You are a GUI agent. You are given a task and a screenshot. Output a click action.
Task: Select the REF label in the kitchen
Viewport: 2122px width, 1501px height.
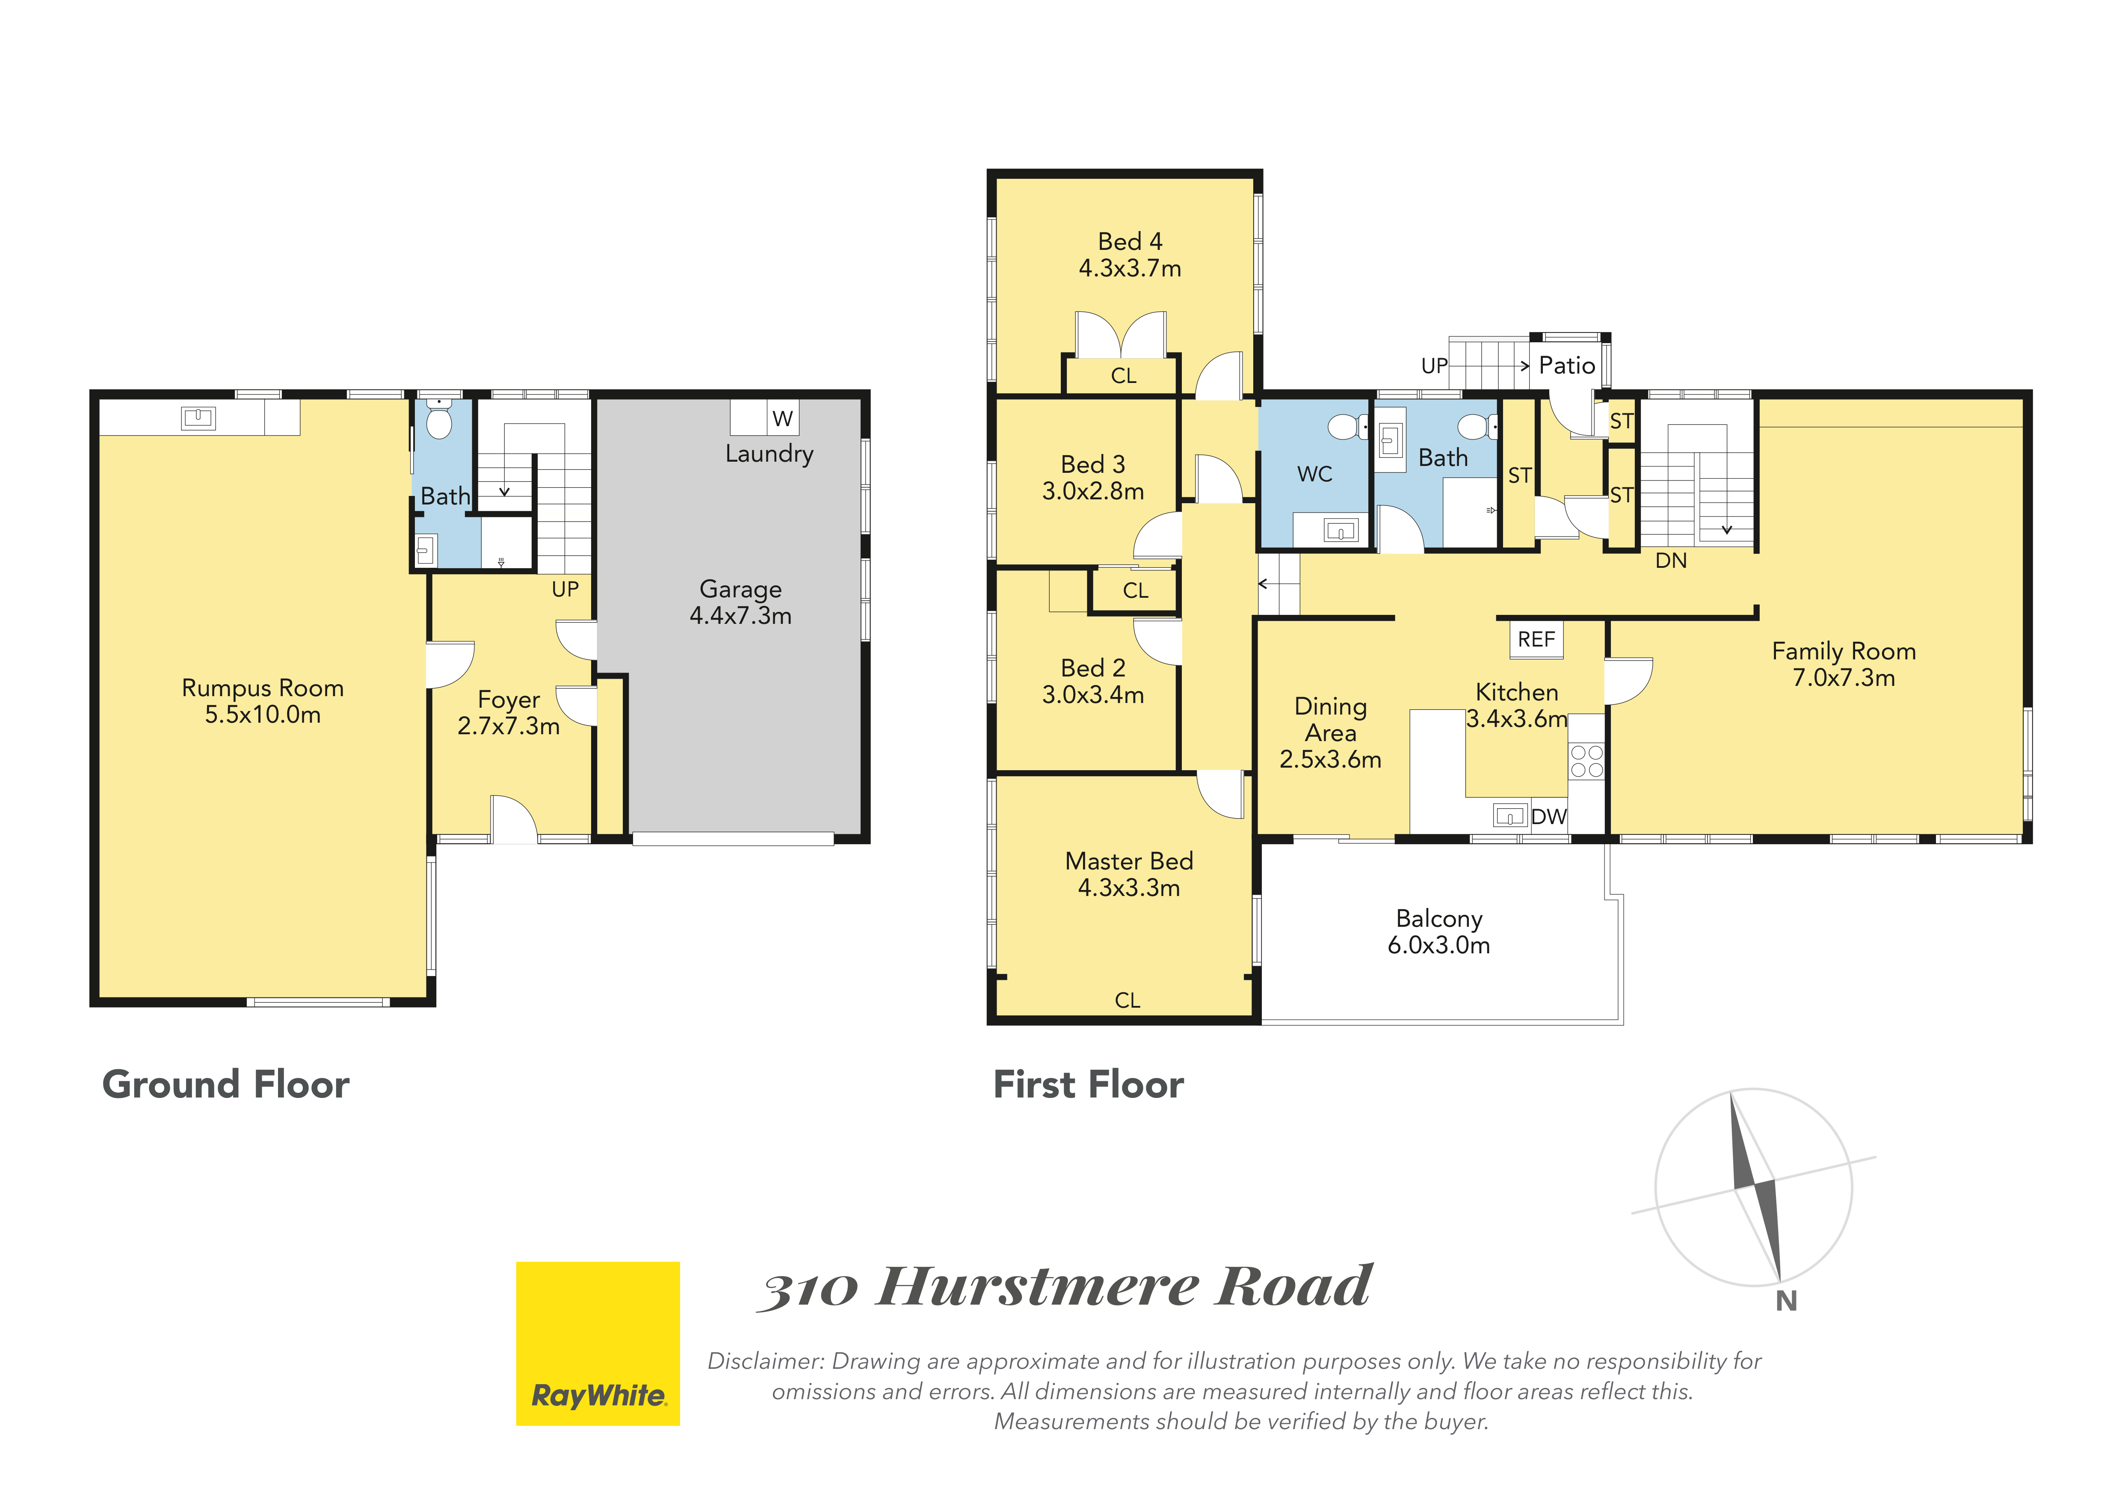point(1536,640)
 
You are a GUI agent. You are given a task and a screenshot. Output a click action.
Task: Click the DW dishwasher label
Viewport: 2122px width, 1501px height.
point(1549,817)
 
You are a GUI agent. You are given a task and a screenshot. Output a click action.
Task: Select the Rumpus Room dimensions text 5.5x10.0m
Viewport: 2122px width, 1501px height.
point(263,715)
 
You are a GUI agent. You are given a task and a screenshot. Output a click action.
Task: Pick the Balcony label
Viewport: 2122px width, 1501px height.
point(1439,919)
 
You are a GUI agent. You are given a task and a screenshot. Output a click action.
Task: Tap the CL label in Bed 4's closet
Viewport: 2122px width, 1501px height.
point(1124,376)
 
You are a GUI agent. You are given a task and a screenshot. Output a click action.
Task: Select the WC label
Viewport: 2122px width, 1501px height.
point(1314,474)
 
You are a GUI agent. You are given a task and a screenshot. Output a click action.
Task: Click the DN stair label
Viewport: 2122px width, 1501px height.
point(1671,561)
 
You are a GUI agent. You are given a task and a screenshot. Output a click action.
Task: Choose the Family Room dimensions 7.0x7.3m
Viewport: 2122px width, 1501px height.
point(1844,677)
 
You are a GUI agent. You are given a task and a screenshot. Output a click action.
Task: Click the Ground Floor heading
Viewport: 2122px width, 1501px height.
point(225,1084)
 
